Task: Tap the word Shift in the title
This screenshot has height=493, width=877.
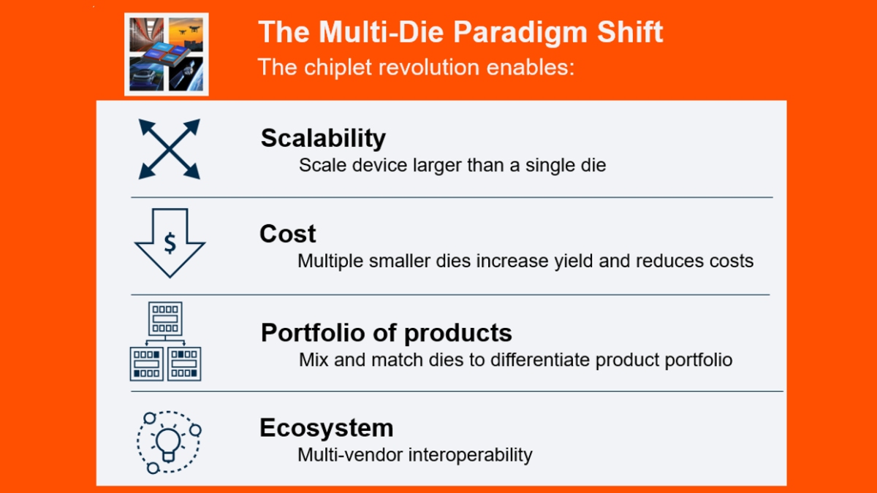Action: click(630, 31)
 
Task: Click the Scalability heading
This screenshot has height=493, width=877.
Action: click(323, 139)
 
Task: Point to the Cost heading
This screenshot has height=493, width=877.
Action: click(288, 234)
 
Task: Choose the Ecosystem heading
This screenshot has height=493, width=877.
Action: click(327, 428)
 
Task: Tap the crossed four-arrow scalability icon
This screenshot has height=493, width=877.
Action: click(170, 149)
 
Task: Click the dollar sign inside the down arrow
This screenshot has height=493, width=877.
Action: click(170, 243)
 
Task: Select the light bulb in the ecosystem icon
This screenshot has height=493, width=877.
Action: click(168, 445)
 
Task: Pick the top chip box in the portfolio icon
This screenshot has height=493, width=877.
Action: click(165, 318)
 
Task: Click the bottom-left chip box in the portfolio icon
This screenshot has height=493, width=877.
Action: click(146, 364)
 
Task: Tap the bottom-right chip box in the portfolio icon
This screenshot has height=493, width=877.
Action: click(184, 364)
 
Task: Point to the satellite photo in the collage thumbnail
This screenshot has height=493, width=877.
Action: click(186, 74)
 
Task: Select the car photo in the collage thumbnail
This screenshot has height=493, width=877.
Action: click(147, 75)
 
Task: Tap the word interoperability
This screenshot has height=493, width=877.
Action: click(471, 455)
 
